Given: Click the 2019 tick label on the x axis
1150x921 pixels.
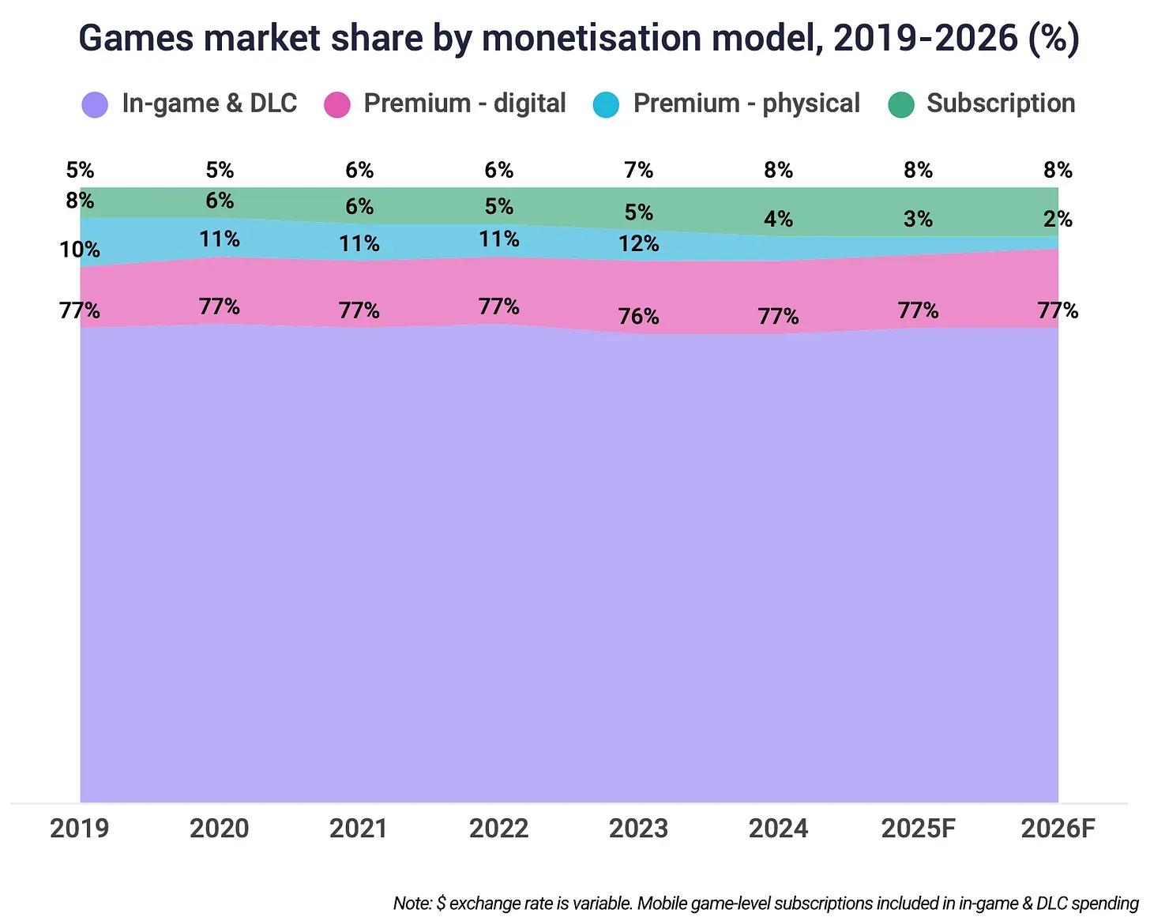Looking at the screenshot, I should click(80, 829).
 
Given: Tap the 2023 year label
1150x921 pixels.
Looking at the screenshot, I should click(638, 829).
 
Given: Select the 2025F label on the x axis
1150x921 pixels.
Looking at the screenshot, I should click(918, 829).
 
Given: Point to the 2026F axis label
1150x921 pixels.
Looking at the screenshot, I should click(1058, 829).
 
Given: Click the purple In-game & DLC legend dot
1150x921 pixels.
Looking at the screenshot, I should click(95, 104).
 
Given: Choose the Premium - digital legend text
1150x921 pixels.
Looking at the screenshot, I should click(464, 103).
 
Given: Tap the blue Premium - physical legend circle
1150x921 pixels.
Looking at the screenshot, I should click(606, 104).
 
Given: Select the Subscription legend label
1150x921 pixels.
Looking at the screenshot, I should click(1000, 103).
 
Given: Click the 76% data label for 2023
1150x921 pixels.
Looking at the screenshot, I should click(638, 317).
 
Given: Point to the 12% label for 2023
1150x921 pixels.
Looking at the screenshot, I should click(638, 243).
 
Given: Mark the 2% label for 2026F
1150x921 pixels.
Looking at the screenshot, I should click(1058, 220).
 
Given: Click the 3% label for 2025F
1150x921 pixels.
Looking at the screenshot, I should click(918, 220).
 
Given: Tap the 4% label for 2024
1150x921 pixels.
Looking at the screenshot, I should click(778, 220).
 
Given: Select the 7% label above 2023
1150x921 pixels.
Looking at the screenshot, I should click(638, 170).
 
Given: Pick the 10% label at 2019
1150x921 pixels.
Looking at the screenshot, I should click(80, 250).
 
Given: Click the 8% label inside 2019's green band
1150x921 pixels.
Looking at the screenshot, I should click(80, 201).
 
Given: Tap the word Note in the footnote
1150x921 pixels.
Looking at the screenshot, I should click(412, 903).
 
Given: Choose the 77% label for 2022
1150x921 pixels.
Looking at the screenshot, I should click(498, 306).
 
